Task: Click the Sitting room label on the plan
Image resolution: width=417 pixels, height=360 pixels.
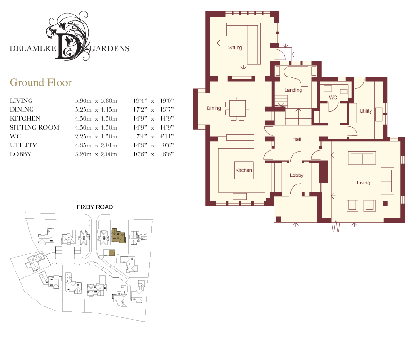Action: click(x=235, y=47)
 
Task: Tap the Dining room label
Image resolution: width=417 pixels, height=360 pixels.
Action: click(x=214, y=108)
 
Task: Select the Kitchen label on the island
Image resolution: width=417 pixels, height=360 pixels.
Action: click(x=244, y=170)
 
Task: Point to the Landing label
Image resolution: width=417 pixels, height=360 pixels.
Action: click(x=293, y=90)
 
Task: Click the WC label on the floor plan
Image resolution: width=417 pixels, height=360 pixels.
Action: click(x=333, y=97)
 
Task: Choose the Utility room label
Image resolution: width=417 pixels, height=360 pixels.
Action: click(x=366, y=111)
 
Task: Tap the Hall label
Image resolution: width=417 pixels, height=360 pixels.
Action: click(x=296, y=139)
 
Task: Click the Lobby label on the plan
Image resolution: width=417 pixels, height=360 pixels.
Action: click(x=296, y=175)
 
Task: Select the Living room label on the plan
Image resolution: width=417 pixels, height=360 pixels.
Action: click(x=363, y=183)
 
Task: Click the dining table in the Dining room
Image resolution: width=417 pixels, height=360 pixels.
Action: click(x=238, y=108)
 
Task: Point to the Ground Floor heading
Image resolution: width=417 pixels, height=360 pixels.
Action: click(x=41, y=83)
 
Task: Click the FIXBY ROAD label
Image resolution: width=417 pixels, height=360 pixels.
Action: click(x=95, y=207)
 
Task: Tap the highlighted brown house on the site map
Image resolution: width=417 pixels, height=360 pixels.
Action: click(x=118, y=236)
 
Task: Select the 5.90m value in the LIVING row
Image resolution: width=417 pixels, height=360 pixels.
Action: click(x=83, y=101)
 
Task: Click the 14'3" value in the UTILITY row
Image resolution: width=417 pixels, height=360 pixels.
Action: click(x=140, y=146)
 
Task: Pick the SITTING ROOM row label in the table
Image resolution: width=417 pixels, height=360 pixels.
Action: click(x=35, y=127)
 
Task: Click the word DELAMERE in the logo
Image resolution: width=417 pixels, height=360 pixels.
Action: click(x=33, y=48)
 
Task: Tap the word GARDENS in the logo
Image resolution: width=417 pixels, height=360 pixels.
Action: click(x=109, y=48)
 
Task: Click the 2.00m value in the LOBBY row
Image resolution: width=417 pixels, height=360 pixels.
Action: click(x=109, y=154)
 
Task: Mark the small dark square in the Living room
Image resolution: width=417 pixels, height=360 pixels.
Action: click(x=385, y=203)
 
